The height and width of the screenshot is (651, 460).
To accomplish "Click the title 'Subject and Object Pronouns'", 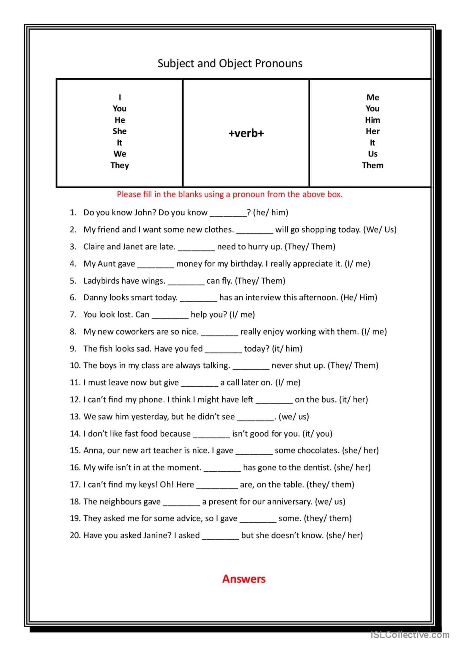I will [230, 63].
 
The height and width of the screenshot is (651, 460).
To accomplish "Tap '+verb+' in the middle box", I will [246, 133].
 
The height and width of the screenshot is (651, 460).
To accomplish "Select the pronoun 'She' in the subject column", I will [120, 131].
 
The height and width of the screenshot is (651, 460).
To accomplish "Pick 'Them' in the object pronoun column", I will [373, 165].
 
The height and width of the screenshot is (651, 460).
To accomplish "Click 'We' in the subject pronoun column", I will [120, 154].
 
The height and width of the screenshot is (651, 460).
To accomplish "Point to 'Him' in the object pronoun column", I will [373, 120].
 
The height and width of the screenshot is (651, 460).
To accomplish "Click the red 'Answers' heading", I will [244, 579].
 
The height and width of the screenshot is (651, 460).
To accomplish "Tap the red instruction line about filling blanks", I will [230, 194].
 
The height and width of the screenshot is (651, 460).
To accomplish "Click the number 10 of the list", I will [75, 366].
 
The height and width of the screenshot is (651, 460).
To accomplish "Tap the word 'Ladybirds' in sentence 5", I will [99, 281].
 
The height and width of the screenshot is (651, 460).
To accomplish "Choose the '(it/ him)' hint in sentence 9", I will [287, 348].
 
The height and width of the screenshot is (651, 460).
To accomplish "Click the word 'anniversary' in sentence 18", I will [289, 501].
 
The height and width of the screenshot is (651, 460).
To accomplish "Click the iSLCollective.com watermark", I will [410, 635].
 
